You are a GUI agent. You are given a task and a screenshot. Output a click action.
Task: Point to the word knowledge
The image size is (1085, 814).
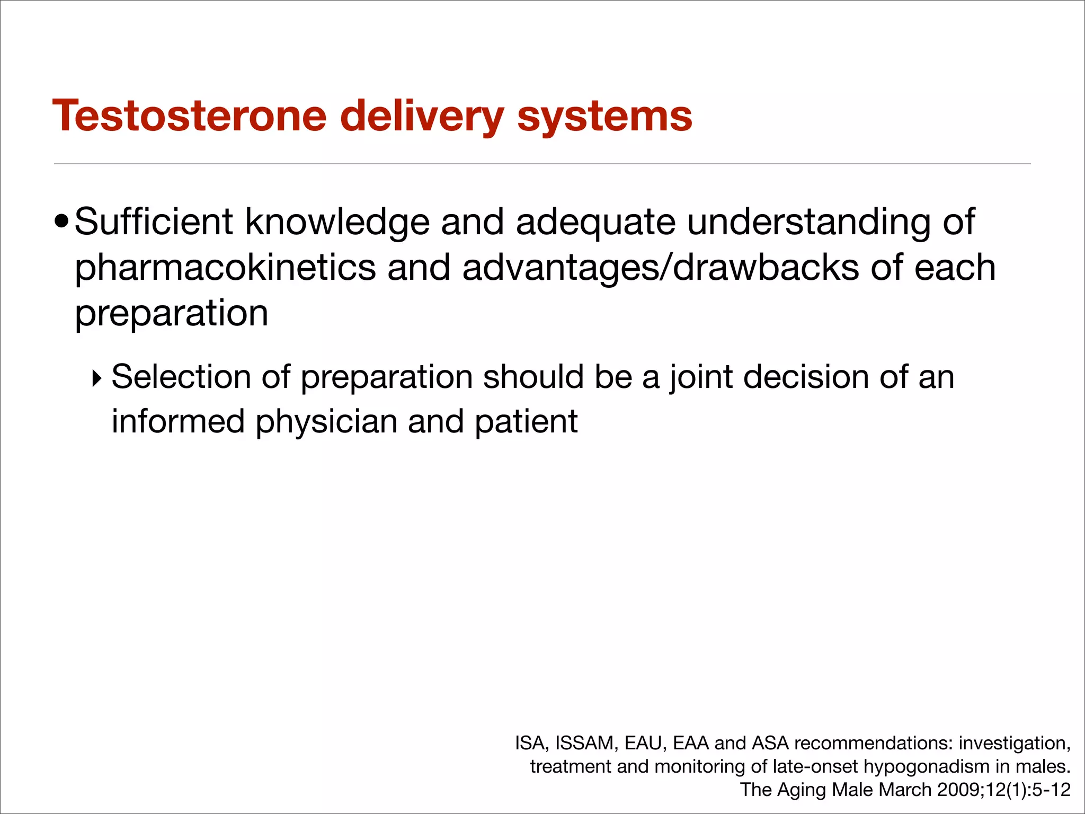(x=337, y=223)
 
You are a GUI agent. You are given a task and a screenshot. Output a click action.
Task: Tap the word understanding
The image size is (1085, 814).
(x=808, y=223)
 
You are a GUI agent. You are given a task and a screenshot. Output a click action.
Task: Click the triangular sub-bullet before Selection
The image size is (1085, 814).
(x=96, y=378)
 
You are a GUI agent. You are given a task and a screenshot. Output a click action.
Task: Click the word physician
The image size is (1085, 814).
(x=326, y=422)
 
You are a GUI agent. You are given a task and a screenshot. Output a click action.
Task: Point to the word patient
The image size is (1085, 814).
(x=526, y=422)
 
